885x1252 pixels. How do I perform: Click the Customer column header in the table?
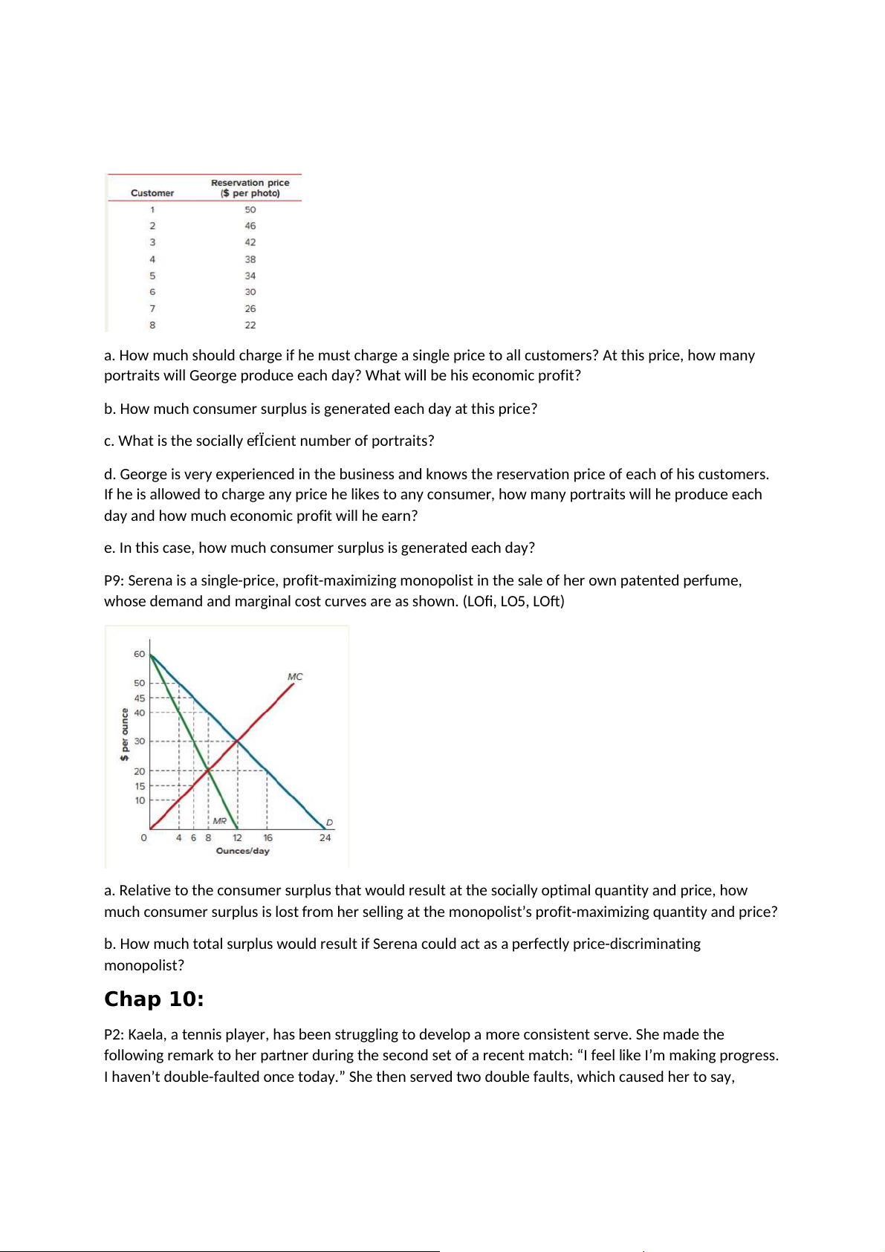(152, 193)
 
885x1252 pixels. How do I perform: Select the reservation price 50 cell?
(250, 210)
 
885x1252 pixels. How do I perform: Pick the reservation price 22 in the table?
(250, 325)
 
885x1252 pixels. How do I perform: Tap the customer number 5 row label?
(152, 276)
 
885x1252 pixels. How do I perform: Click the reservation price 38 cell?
(250, 259)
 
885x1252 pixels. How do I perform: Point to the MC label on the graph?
(295, 677)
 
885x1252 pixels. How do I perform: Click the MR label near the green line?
(220, 821)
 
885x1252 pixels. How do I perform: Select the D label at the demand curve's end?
(329, 823)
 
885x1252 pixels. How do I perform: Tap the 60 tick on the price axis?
(140, 654)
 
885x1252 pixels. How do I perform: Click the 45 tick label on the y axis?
(140, 698)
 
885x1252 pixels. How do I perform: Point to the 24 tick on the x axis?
(325, 837)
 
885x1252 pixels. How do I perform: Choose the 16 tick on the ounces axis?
(268, 837)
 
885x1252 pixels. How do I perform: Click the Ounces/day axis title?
(243, 851)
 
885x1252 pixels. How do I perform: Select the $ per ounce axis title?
(125, 734)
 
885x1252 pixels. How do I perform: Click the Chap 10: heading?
(154, 999)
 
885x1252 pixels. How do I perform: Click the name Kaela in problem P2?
(147, 1034)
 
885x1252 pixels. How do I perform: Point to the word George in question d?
(145, 474)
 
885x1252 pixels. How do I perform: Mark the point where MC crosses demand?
(237, 741)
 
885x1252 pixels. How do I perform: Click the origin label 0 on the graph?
(143, 837)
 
